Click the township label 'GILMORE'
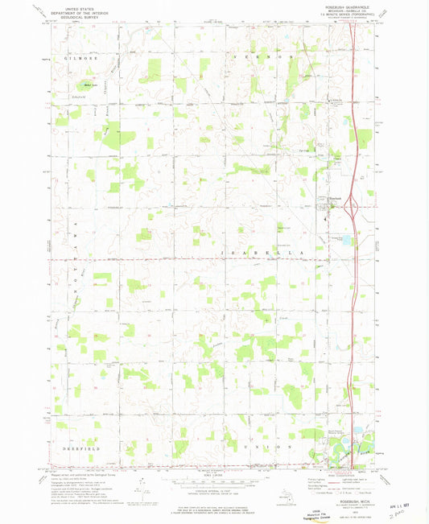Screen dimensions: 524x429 [x=72, y=59]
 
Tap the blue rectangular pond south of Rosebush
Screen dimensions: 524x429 [x=347, y=239]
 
